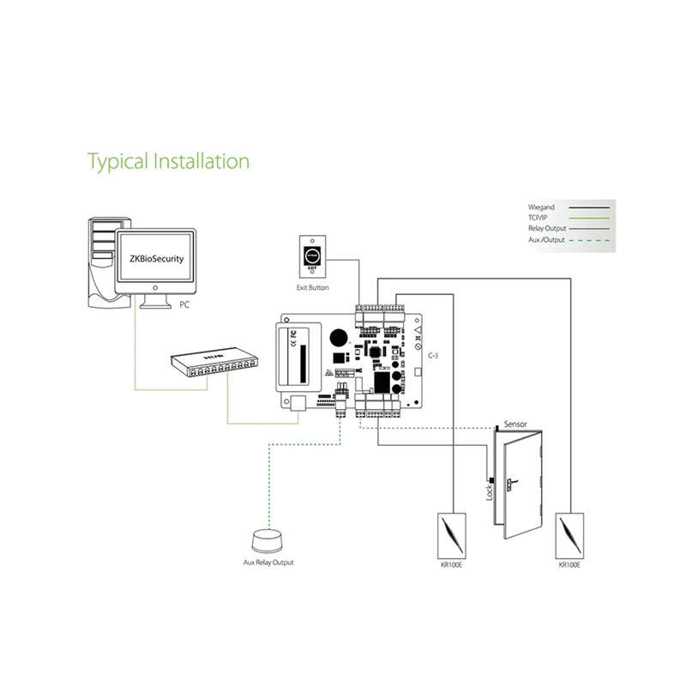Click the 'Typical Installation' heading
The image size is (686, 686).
point(169,160)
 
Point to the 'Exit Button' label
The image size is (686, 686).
point(312,287)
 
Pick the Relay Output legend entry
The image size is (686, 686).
point(547,230)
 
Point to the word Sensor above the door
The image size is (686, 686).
point(515,424)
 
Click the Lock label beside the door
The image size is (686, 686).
point(490,492)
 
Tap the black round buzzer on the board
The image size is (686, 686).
point(340,337)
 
